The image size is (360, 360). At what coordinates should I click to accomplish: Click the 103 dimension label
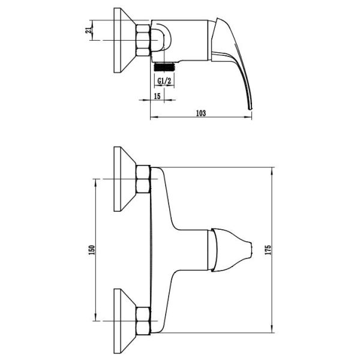201,113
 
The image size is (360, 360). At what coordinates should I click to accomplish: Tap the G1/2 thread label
164,81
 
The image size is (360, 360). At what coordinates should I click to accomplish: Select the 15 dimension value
157,96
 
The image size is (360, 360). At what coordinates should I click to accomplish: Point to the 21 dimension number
88,30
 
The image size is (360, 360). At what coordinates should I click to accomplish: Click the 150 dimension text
92,250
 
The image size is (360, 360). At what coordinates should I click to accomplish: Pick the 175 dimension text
268,250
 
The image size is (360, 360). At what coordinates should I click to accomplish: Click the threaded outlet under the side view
164,67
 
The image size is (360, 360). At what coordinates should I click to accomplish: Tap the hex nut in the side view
143,40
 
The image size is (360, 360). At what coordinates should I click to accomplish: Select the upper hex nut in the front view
143,179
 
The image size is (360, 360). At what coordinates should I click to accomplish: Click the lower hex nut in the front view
143,321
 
